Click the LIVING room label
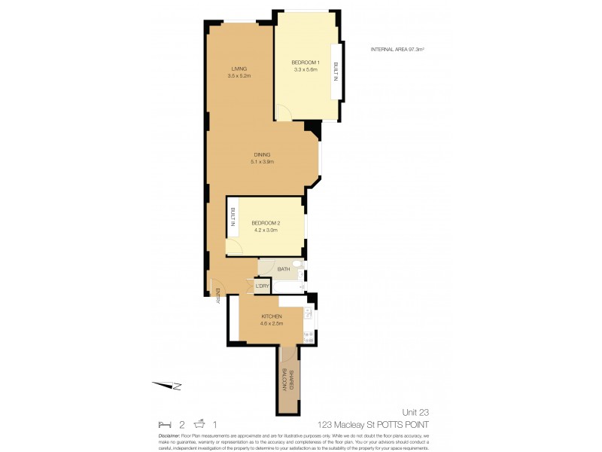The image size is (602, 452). (239, 69)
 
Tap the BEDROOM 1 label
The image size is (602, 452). (306, 62)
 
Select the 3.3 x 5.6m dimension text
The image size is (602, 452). (306, 69)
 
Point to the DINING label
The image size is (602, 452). (261, 155)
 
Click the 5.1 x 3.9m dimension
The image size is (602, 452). (261, 162)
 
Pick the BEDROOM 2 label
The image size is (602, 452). (265, 223)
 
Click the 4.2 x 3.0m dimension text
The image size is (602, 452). (265, 231)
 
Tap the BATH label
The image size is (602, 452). (284, 269)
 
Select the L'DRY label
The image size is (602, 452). (263, 286)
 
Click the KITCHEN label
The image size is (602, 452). (271, 316)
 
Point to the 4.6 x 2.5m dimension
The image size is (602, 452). (271, 323)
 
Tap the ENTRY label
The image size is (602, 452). (217, 297)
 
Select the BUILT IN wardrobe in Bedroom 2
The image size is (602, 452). (233, 218)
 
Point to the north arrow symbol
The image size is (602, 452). (169, 386)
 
